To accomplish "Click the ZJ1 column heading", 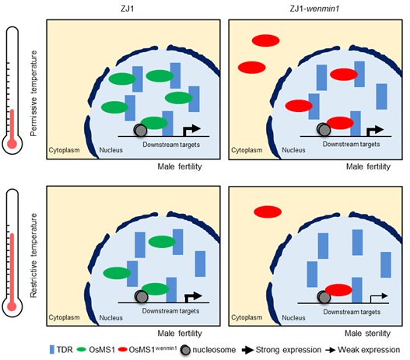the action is click(128, 9).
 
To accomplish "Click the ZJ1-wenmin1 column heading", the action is click(315, 9).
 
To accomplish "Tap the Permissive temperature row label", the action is click(33, 93).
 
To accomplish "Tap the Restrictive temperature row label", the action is click(33, 256).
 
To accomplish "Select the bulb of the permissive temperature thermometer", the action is click(12, 144).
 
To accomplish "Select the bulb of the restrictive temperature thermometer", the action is click(12, 306).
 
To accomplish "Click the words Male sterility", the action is click(367, 334).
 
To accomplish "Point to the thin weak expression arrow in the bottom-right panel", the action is click(379, 298).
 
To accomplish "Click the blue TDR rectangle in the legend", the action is click(52, 350).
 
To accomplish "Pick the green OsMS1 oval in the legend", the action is click(82, 350).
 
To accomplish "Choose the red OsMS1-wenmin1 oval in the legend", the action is click(123, 350).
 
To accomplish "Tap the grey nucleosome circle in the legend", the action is click(185, 350).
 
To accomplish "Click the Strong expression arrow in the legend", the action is click(247, 350).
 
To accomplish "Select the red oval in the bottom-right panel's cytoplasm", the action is click(268, 211).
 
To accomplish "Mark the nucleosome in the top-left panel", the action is click(140, 130).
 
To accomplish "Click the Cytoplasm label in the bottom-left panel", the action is click(64, 317).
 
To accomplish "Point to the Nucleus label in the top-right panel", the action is click(293, 150).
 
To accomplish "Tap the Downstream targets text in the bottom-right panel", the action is click(352, 312).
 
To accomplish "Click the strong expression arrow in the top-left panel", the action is click(191, 131).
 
